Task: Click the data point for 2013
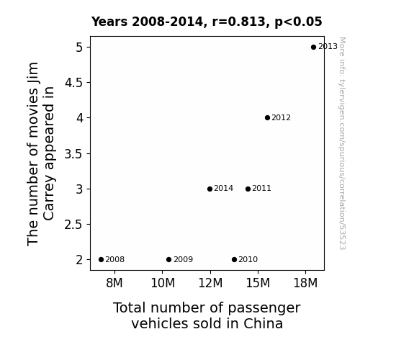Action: coord(313,47)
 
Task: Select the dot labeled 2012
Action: coord(267,117)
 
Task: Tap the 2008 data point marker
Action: coord(101,259)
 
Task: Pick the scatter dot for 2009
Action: coord(169,259)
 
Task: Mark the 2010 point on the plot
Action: coord(234,259)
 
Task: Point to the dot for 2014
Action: coord(210,189)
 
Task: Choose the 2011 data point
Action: coord(248,189)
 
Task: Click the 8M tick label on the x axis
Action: coord(114,283)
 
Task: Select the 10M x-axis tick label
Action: coord(163,283)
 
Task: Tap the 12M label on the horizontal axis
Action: coord(210,283)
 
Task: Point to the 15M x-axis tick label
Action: coord(258,283)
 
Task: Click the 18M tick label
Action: coord(305,283)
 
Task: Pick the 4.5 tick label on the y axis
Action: coord(73,83)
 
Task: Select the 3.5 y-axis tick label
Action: coord(73,153)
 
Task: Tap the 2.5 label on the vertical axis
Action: coord(73,225)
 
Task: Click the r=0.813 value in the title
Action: coord(239,22)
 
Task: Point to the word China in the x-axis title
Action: coord(263,323)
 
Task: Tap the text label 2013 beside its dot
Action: coord(328,47)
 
